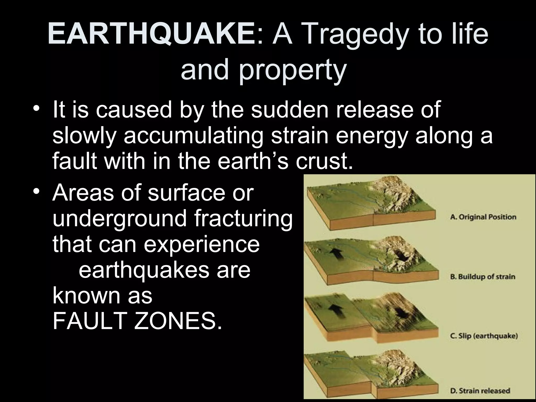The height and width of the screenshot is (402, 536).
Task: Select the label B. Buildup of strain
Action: pos(483,277)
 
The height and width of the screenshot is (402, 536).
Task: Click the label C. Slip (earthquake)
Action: pos(484,336)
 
